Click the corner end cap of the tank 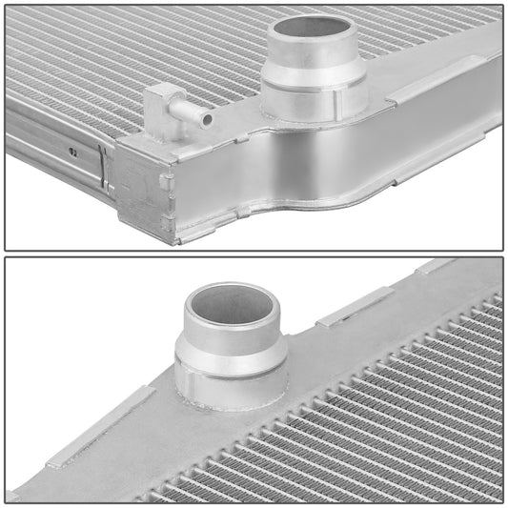(143, 191)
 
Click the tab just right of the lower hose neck (354, 307)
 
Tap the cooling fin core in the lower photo (381, 419)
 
